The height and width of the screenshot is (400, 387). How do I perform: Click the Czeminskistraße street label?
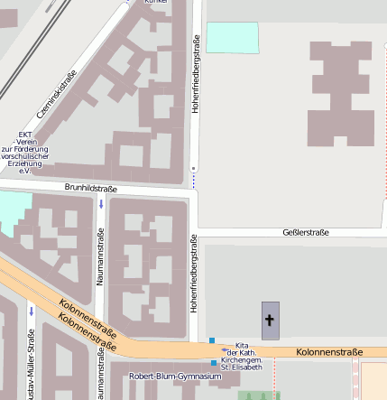tap(57, 96)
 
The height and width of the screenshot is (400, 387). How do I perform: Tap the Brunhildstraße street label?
tap(91, 188)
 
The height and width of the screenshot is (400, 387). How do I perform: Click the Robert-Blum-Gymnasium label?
tap(175, 376)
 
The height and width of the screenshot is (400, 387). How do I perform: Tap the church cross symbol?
tap(269, 321)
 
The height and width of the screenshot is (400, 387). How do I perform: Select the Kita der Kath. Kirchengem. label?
tap(242, 356)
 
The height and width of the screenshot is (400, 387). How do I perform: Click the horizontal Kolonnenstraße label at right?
tap(329, 352)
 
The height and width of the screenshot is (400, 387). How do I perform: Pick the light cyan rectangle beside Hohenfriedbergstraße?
tap(232, 37)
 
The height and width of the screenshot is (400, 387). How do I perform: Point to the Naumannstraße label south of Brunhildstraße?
tap(100, 257)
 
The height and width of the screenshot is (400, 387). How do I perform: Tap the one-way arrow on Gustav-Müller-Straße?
tap(31, 312)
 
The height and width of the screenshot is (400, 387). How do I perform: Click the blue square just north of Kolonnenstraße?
tap(212, 340)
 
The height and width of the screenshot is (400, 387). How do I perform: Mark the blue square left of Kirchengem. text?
tap(214, 363)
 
